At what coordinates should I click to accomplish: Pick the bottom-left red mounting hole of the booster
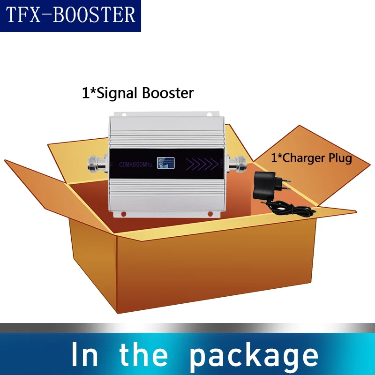point(124,214)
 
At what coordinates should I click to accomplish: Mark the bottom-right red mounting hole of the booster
point(210,214)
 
